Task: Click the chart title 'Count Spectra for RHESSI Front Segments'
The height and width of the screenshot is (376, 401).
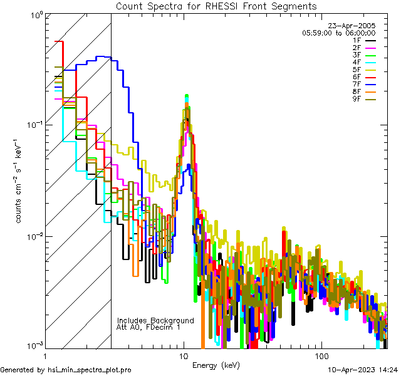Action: (x=216, y=6)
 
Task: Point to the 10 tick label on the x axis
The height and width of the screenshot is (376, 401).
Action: (x=184, y=355)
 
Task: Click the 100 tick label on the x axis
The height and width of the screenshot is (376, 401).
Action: (x=321, y=355)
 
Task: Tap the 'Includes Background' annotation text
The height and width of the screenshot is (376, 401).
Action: (x=155, y=321)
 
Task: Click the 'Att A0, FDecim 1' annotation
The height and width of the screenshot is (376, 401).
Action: (x=148, y=328)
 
